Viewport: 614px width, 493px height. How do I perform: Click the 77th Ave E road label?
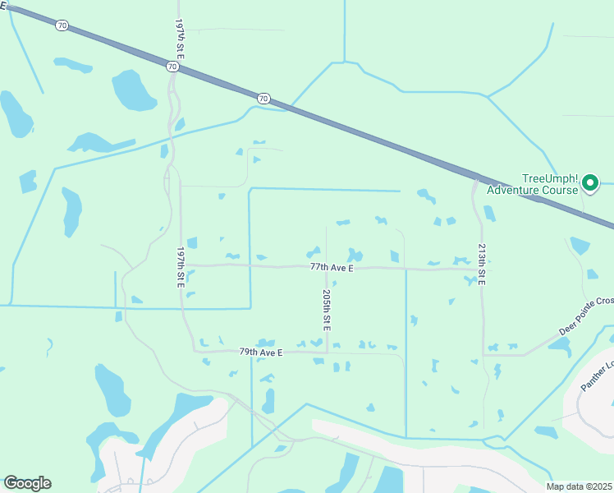(x=332, y=267)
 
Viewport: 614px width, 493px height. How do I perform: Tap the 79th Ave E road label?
(x=261, y=352)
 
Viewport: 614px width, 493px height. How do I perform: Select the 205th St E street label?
(x=327, y=310)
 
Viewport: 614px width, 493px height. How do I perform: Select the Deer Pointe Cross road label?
(x=585, y=316)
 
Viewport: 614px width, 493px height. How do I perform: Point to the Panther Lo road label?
(x=597, y=377)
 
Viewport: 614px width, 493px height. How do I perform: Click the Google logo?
(x=27, y=483)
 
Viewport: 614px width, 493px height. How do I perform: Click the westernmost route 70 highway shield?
(x=62, y=25)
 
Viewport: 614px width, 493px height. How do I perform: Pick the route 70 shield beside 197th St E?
(x=172, y=66)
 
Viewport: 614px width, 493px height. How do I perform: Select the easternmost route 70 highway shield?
(x=263, y=99)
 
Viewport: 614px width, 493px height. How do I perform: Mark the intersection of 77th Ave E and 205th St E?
(x=327, y=267)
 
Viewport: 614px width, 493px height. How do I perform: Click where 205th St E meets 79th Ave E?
(x=327, y=352)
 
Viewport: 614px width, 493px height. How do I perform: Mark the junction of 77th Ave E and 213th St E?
(x=480, y=269)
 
